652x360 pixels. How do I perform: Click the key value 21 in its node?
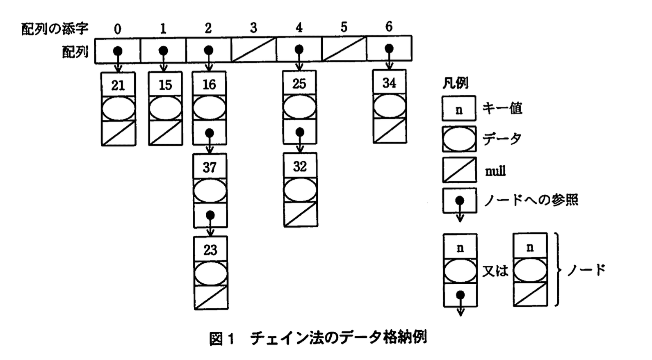[x=118, y=85]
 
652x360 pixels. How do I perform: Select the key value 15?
[x=165, y=85]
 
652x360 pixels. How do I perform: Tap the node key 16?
[x=209, y=84]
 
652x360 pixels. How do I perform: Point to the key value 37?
[x=210, y=167]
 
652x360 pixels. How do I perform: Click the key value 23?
[x=210, y=250]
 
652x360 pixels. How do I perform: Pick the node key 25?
[x=299, y=84]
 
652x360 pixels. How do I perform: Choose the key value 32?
[x=300, y=166]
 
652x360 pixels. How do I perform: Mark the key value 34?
[x=389, y=83]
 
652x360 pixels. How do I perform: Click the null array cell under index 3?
[x=254, y=50]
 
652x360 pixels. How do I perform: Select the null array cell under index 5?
[x=344, y=49]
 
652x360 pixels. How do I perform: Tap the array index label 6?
[x=389, y=27]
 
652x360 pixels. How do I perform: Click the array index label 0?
[x=118, y=29]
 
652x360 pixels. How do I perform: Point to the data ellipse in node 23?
[x=211, y=273]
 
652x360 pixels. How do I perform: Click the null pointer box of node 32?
[x=300, y=214]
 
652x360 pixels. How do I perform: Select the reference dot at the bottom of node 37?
[x=210, y=215]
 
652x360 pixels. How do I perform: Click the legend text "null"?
[x=495, y=171]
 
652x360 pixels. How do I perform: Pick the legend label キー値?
[x=502, y=108]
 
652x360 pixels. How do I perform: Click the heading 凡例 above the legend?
[x=455, y=83]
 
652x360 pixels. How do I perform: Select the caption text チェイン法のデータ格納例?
[x=338, y=338]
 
